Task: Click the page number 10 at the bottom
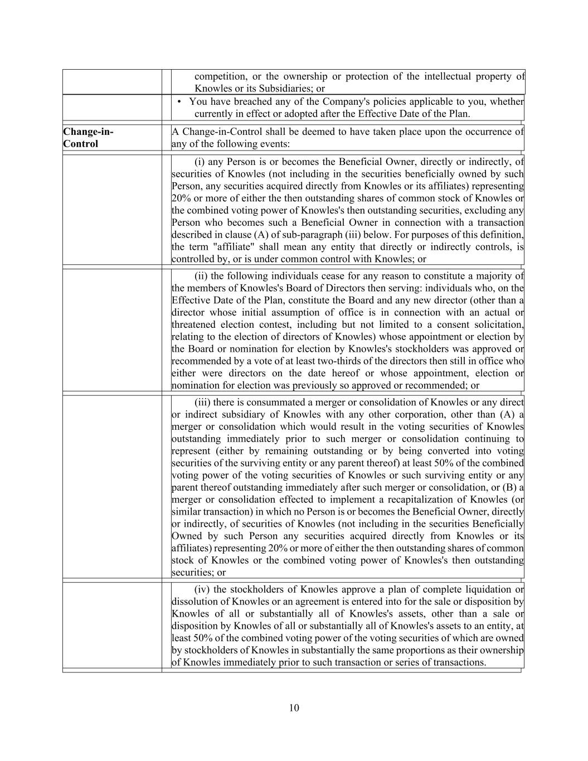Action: [294, 708]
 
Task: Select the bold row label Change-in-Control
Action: [88, 138]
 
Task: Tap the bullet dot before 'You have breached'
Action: [179, 102]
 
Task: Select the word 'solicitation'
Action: [495, 324]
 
